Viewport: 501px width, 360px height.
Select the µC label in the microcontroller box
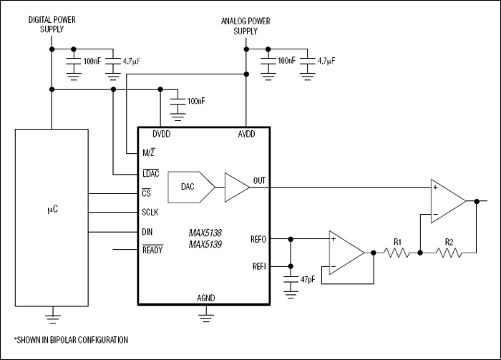click(52, 212)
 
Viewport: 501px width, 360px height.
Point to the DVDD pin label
click(162, 135)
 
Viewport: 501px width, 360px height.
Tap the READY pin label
click(153, 250)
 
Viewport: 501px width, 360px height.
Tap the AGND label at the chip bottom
click(205, 298)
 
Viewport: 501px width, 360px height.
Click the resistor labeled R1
click(397, 253)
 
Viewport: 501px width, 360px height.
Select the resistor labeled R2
click(449, 253)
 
